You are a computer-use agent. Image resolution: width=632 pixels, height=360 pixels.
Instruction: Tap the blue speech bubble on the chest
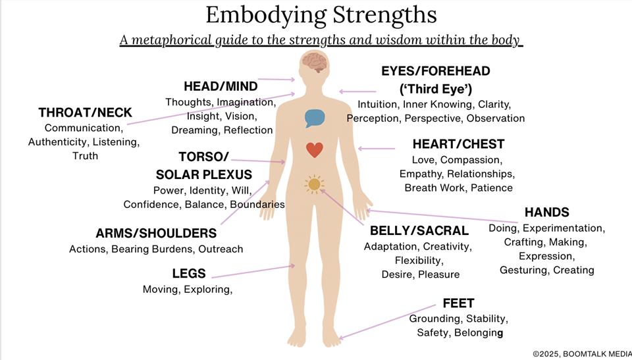(x=315, y=118)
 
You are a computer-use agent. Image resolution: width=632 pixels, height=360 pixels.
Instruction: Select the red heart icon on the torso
(x=315, y=150)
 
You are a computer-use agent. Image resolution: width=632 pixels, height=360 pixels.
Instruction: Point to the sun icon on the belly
(x=314, y=184)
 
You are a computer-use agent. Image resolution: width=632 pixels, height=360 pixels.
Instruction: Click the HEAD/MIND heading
(x=221, y=86)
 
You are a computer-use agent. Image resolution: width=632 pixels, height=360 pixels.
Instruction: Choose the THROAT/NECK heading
(x=85, y=113)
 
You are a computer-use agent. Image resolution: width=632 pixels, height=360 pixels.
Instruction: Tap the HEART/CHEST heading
(x=458, y=144)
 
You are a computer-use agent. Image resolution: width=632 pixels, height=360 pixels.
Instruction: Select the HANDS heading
(x=546, y=213)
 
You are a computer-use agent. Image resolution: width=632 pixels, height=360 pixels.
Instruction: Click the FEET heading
(x=458, y=304)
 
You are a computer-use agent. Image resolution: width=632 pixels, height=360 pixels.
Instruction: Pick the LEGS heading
(x=189, y=274)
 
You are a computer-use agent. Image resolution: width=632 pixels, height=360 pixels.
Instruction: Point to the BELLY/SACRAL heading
(x=419, y=231)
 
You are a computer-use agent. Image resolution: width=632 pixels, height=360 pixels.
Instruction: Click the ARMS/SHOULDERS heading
(x=156, y=234)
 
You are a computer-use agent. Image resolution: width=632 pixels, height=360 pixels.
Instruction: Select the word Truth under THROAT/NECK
(x=85, y=156)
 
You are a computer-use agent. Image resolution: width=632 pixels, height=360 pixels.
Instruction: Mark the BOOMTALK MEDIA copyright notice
(x=581, y=353)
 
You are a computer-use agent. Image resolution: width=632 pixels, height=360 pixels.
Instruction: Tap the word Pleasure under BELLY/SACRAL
(x=439, y=274)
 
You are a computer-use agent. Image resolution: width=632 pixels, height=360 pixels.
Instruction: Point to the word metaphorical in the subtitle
(x=172, y=40)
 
